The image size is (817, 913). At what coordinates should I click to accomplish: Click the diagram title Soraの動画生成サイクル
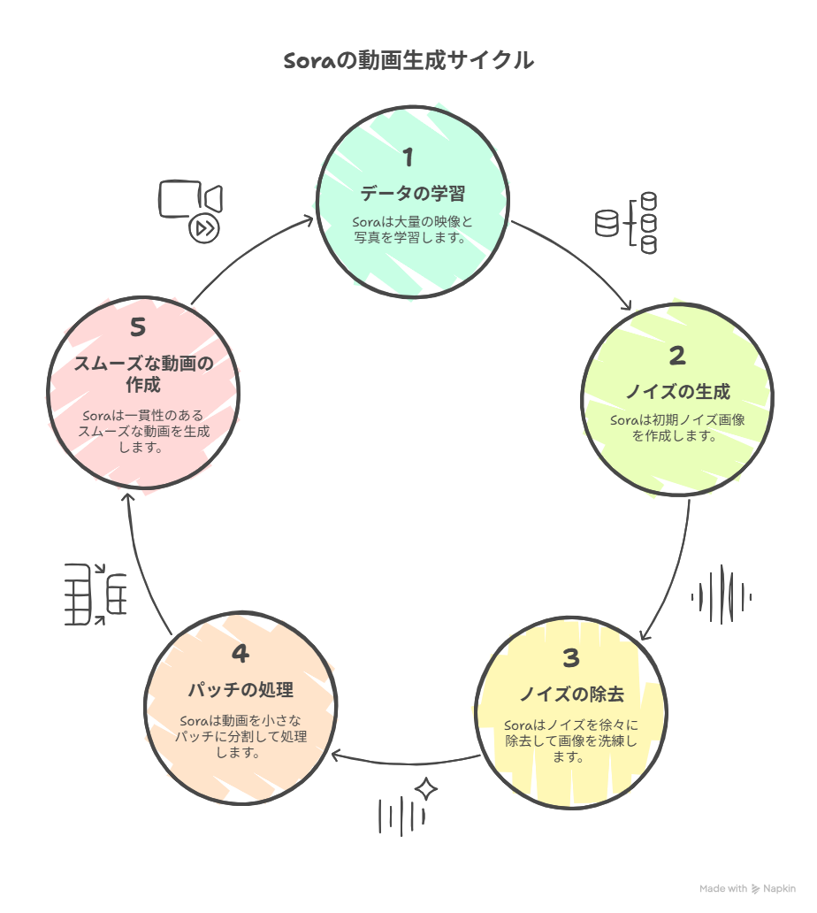tap(408, 60)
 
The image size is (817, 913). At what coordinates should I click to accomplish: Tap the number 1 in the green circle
tap(408, 157)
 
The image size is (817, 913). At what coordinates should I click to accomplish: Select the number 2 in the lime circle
tap(677, 356)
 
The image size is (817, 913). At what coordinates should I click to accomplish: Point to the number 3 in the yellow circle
tap(571, 658)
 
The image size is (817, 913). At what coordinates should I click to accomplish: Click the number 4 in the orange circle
tap(241, 653)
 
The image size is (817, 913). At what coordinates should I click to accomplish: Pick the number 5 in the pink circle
tap(138, 327)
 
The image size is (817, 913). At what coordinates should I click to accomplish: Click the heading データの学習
tap(413, 194)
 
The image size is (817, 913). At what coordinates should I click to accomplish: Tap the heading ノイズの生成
tap(678, 391)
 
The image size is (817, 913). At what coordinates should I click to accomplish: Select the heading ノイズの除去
tap(572, 694)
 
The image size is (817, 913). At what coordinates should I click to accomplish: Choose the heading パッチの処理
tap(241, 690)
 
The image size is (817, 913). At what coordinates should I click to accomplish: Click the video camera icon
tap(190, 199)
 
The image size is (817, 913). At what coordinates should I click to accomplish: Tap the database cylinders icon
tap(626, 223)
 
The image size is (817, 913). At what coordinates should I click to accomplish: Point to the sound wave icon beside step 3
tap(722, 595)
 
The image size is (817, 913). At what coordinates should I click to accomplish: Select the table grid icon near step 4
tap(95, 595)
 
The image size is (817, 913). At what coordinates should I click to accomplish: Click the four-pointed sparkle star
tap(426, 789)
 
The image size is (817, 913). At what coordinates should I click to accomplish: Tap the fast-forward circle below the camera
tap(204, 228)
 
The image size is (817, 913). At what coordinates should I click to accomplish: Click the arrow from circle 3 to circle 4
tap(408, 763)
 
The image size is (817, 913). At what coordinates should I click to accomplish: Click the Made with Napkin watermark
tap(747, 888)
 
